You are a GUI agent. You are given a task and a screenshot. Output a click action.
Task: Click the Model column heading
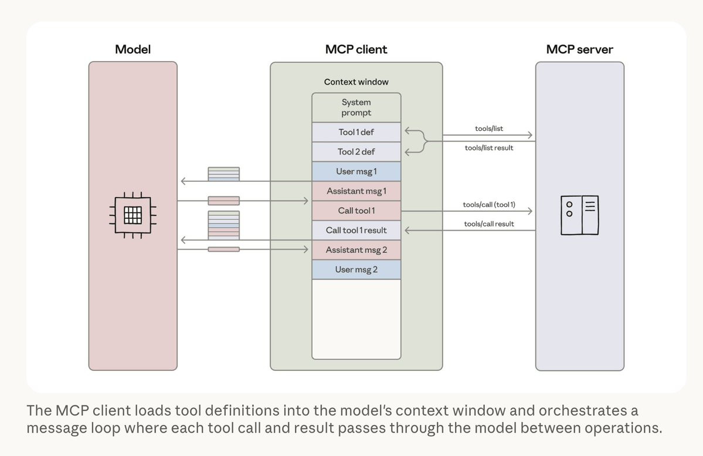coord(133,49)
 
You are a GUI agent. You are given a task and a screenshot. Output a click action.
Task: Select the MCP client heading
coord(356,49)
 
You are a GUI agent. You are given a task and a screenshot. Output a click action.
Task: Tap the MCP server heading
coord(579,49)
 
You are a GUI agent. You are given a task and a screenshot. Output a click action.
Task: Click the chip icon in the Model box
coord(133,215)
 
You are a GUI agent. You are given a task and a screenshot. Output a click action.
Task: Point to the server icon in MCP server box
coord(579,215)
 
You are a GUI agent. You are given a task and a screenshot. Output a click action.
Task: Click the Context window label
coord(356,82)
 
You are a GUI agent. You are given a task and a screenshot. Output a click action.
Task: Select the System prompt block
coord(356,107)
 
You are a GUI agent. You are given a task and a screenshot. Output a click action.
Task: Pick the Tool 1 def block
coord(356,132)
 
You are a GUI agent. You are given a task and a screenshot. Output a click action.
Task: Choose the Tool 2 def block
coord(356,151)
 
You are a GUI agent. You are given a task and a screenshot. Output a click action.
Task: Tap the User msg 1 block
coord(356,171)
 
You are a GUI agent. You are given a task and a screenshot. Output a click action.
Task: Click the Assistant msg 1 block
coord(356,191)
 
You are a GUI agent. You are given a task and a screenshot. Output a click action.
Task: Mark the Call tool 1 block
coord(356,211)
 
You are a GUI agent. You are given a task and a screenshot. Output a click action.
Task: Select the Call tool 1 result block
coord(356,230)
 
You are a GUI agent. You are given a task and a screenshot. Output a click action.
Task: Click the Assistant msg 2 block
coord(356,250)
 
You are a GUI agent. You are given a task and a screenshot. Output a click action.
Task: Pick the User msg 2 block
coord(356,269)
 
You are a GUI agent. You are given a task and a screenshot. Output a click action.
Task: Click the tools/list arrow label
coord(489,129)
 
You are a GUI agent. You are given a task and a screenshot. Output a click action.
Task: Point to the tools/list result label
coord(489,148)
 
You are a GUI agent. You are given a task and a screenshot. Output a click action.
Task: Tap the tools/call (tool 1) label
coord(489,205)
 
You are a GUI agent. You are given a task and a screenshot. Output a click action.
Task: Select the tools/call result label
coord(489,224)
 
